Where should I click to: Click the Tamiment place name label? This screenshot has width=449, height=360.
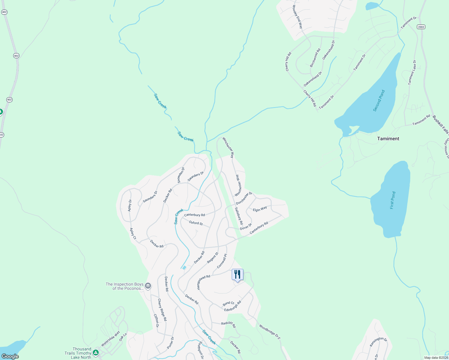click(x=388, y=139)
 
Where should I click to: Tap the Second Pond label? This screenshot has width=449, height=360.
click(x=379, y=101)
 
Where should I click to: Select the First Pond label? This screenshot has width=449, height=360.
click(x=393, y=200)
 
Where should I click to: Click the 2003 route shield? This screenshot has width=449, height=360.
click(x=421, y=27)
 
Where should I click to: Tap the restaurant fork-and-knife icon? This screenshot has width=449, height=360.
click(x=237, y=274)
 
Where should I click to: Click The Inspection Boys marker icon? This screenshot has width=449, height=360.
click(x=148, y=286)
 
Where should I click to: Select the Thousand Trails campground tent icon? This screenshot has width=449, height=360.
click(x=96, y=352)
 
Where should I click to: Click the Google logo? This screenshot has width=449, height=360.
click(x=10, y=356)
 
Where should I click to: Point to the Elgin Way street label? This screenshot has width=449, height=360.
click(x=260, y=209)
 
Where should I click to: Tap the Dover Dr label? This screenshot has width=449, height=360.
click(x=246, y=227)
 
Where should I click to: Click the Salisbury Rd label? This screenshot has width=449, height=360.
click(x=239, y=216)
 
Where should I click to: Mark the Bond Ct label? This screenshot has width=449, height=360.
click(x=228, y=304)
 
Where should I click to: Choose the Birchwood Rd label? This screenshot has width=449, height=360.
click(x=315, y=58)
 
